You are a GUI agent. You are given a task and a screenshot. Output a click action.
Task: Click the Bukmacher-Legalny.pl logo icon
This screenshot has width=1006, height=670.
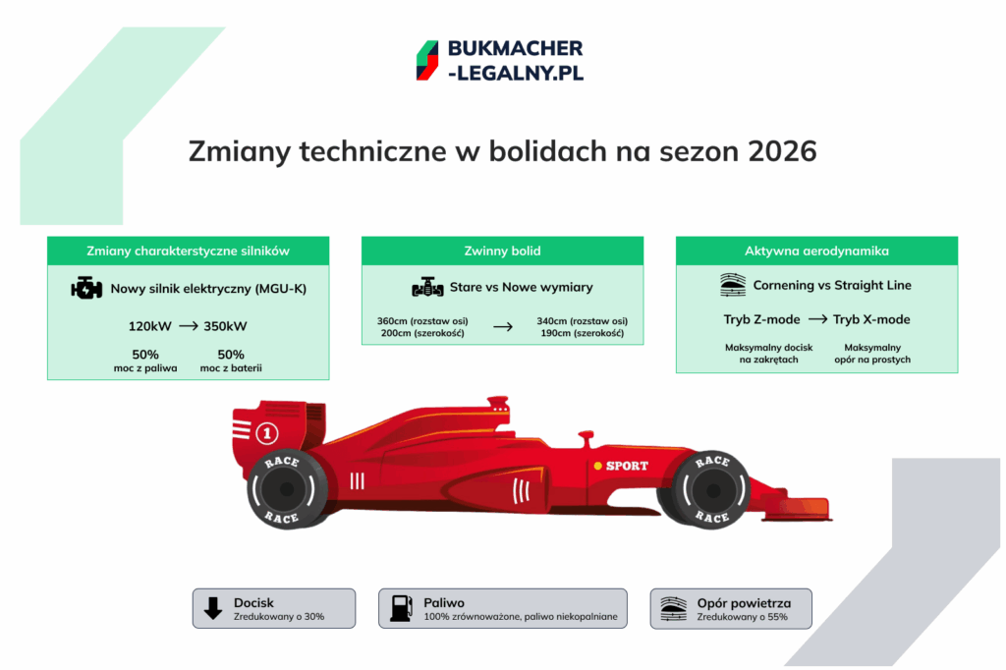click(x=426, y=60)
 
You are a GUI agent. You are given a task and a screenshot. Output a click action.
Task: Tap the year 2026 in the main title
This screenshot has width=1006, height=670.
click(x=782, y=152)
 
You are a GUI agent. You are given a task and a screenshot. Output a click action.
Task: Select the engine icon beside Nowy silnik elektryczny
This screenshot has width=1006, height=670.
click(x=87, y=289)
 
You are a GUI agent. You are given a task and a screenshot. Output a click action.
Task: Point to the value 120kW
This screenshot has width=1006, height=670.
click(x=150, y=325)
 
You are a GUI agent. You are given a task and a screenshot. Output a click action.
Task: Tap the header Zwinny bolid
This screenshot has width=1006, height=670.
click(x=502, y=251)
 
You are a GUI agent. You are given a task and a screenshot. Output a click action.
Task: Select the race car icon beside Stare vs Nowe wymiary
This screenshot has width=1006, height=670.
click(x=427, y=288)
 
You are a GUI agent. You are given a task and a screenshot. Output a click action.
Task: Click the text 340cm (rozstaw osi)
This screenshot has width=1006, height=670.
click(x=583, y=321)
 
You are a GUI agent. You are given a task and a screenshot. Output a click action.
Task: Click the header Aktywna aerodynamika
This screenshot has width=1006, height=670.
click(x=816, y=251)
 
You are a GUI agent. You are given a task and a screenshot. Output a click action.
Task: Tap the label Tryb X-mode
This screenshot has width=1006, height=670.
click(x=871, y=319)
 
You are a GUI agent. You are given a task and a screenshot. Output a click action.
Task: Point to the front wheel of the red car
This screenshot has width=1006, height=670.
click(x=711, y=488)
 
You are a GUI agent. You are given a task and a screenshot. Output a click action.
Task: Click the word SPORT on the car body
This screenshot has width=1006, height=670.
click(x=626, y=466)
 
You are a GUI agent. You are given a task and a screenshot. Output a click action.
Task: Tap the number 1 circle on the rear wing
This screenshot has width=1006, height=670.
click(x=267, y=432)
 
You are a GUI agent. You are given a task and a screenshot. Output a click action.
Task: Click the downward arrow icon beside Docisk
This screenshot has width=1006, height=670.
click(x=212, y=608)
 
